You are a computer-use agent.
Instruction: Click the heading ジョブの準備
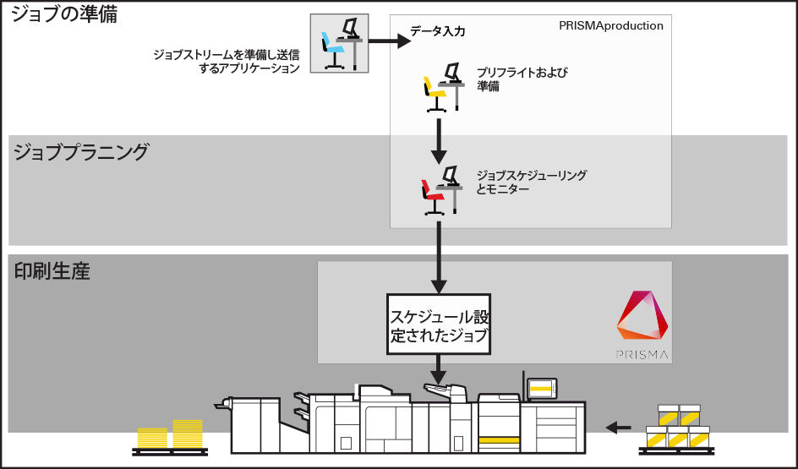click(64, 14)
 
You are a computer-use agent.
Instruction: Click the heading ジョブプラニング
click(81, 152)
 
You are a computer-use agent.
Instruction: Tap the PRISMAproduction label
click(610, 25)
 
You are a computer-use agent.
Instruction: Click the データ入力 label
click(438, 31)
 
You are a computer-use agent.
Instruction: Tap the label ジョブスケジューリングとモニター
click(531, 182)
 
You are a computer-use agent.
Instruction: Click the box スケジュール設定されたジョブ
click(439, 324)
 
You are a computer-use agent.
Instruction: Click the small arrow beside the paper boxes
click(620, 427)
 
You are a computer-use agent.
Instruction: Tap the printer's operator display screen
click(541, 388)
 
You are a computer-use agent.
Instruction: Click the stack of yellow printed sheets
click(172, 434)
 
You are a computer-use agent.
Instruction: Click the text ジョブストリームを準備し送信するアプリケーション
click(227, 62)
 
